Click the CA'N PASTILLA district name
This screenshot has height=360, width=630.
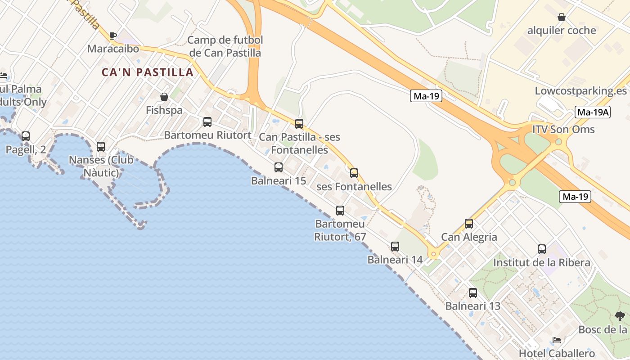148,72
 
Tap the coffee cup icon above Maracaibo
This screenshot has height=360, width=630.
112,36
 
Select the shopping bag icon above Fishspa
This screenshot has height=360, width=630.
164,97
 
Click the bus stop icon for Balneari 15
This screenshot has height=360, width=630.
279,167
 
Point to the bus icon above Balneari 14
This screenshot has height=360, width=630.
395,246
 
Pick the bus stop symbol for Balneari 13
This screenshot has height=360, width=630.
473,293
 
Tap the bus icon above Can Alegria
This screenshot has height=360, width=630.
469,224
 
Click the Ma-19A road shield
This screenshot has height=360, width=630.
593,112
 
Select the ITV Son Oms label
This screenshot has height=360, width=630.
563,130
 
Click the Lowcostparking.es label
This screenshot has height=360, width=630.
580,91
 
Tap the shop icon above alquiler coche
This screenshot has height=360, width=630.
562,18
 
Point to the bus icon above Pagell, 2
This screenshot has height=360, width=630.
26,136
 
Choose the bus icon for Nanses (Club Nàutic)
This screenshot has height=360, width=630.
101,146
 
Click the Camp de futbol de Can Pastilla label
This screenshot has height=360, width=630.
225,46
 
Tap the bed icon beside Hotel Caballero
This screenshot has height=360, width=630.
557,340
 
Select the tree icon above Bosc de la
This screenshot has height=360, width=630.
620,316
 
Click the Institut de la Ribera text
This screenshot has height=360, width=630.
542,263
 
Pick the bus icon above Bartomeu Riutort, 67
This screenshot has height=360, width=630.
340,210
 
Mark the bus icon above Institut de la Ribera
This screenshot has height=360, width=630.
542,249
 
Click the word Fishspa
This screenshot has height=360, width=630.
164,110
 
